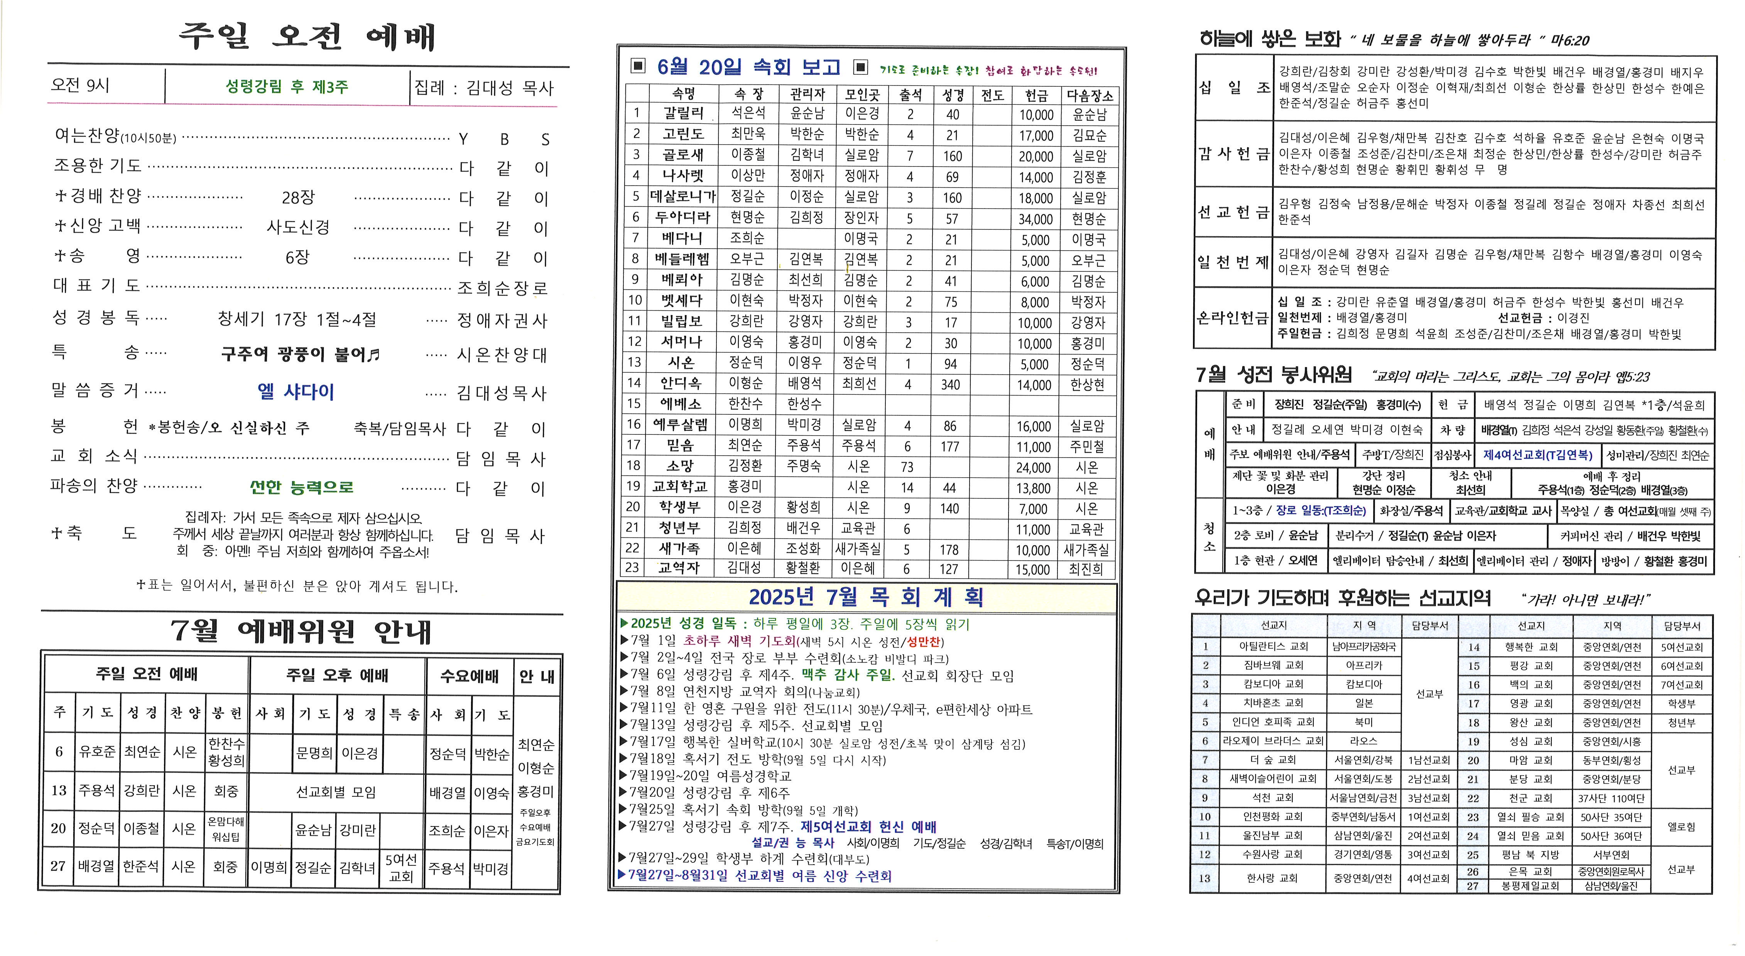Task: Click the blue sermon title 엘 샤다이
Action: tap(296, 391)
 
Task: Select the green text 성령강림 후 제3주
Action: tap(287, 87)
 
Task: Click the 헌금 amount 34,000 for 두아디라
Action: tap(1036, 219)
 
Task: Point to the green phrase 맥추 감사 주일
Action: tap(848, 675)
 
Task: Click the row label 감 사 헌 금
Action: tap(1233, 154)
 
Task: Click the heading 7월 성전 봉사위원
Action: tap(1274, 374)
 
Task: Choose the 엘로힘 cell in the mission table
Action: tap(1681, 827)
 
